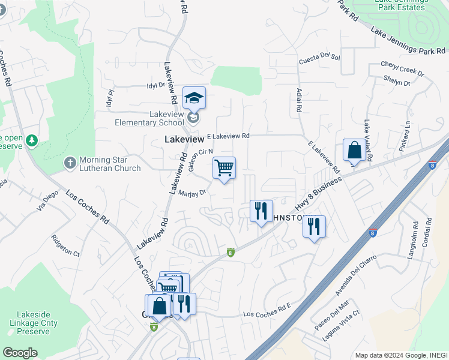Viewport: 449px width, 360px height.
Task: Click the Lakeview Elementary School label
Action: [x=149, y=118]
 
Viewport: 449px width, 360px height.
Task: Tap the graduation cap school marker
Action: [x=194, y=97]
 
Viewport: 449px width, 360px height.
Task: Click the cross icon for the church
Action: [x=70, y=163]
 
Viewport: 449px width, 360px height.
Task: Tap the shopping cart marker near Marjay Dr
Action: [x=224, y=168]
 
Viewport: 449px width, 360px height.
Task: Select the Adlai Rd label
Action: [x=298, y=100]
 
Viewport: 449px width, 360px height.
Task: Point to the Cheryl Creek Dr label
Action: [x=402, y=69]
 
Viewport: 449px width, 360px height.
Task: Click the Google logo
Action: [x=20, y=353]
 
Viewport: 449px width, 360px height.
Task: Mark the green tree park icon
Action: [x=31, y=140]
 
